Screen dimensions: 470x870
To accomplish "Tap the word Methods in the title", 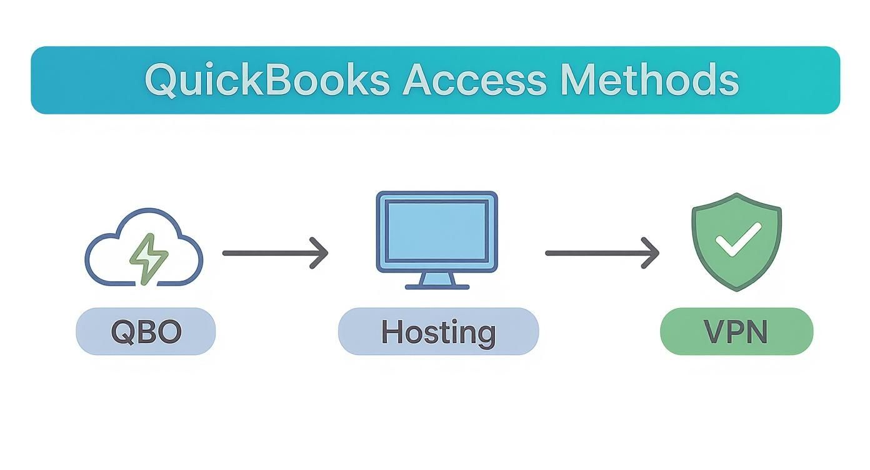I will [649, 81].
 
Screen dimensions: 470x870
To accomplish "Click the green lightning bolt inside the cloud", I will [149, 259].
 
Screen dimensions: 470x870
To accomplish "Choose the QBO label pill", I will [146, 332].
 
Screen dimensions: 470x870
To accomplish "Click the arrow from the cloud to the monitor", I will [269, 253].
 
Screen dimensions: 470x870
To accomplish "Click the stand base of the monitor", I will [437, 286].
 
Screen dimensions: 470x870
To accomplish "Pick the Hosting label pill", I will [438, 332].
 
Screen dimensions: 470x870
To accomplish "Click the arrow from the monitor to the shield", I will [594, 253].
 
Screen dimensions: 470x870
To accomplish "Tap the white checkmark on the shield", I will [737, 240].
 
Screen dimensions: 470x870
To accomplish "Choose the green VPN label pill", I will [736, 332].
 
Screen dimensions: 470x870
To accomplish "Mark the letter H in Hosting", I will [392, 332].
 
